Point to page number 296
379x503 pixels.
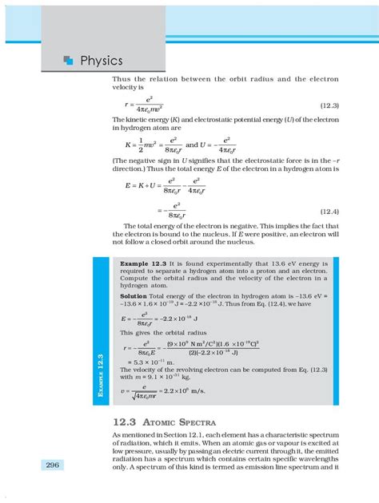tap(54, 465)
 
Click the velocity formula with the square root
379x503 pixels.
tap(140, 391)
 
